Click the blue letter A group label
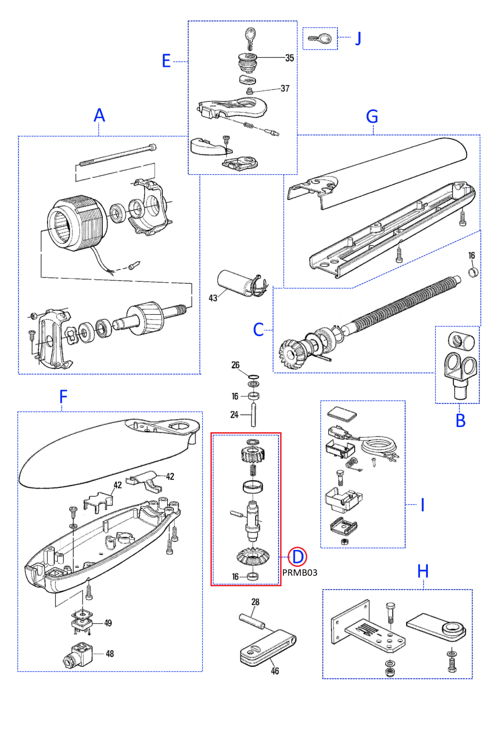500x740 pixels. [99, 115]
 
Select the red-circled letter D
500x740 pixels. [298, 556]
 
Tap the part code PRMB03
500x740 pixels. [299, 572]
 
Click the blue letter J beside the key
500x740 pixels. [358, 38]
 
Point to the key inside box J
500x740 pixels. [320, 38]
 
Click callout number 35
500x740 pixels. [289, 58]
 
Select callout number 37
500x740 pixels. [285, 88]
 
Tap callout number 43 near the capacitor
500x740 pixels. [213, 298]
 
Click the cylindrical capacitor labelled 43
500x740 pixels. [237, 283]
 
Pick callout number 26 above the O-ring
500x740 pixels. [235, 365]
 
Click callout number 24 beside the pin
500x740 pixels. [234, 415]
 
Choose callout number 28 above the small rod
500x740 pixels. [255, 602]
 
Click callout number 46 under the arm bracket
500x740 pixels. [275, 671]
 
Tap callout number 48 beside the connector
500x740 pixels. [110, 654]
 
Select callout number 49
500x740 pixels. [108, 623]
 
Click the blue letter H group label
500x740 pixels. [423, 571]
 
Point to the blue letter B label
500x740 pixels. [460, 421]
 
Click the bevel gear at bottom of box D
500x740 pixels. [253, 556]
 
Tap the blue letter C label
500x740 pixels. [258, 330]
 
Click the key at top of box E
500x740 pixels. [250, 38]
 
